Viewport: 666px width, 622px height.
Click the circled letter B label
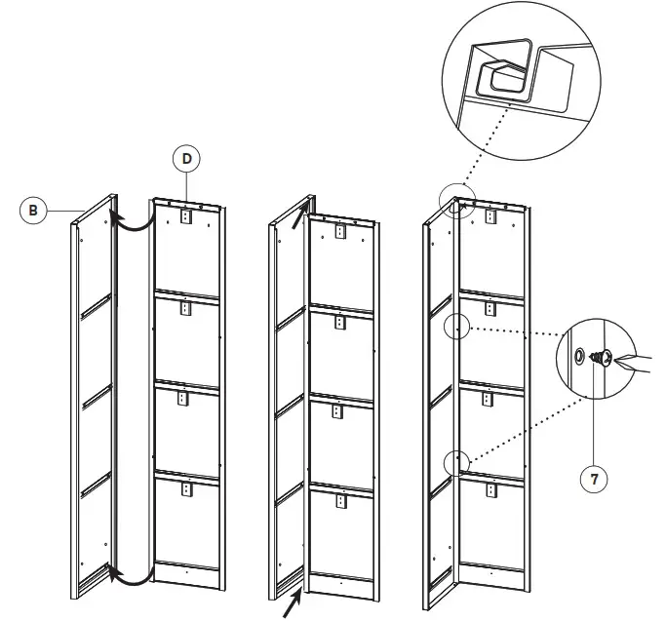pyautogui.click(x=33, y=209)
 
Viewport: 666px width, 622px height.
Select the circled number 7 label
pyautogui.click(x=592, y=480)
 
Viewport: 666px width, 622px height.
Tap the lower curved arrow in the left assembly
pyautogui.click(x=132, y=574)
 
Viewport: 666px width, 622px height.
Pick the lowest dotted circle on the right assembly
pyautogui.click(x=456, y=461)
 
